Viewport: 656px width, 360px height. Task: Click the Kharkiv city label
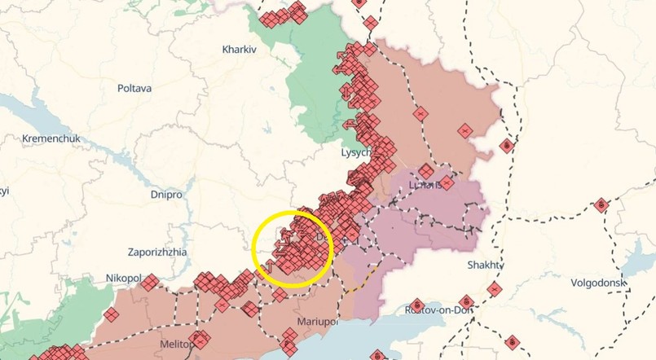point(240,50)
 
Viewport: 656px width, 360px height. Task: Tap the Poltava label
point(134,88)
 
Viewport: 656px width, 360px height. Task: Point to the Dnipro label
point(166,195)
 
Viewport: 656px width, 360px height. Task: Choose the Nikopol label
point(122,279)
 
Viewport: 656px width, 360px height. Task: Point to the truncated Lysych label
point(356,152)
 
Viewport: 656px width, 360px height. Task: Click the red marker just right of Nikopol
point(149,282)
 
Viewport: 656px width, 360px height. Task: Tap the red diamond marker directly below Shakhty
point(495,288)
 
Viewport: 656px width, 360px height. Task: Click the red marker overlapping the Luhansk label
point(426,172)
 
